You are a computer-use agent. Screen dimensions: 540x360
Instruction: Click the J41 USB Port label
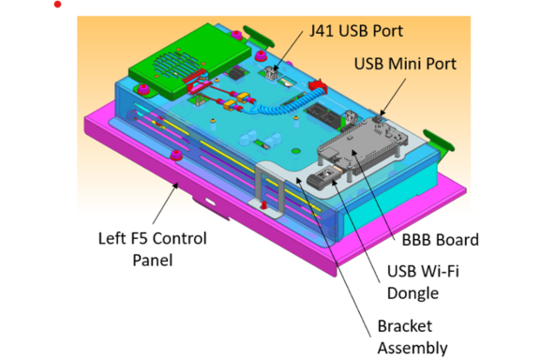coord(356,31)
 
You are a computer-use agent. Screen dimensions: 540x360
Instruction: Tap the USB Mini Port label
coord(405,64)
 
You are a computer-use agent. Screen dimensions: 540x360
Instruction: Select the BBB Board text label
coord(440,240)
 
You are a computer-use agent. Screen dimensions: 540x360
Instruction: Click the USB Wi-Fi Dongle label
coord(423,282)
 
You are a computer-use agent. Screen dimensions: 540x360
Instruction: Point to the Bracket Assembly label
coord(412,337)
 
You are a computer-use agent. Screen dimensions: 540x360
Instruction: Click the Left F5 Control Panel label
coord(152,249)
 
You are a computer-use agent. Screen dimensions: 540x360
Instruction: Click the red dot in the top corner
coord(58,4)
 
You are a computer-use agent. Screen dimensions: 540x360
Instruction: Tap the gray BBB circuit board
coord(362,144)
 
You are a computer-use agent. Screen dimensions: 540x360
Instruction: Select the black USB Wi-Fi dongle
coord(322,177)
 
